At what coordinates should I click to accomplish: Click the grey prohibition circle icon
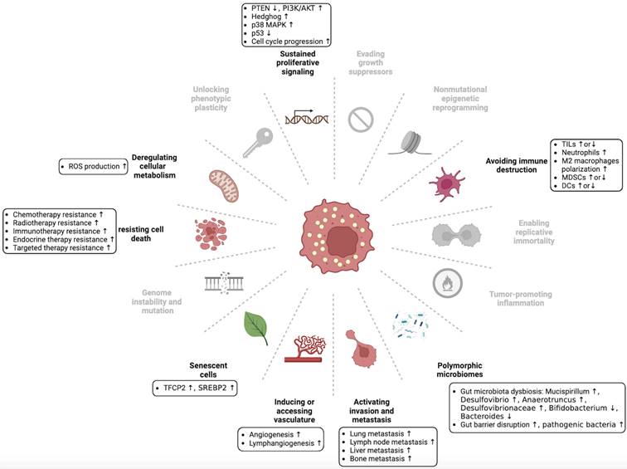[x=363, y=116]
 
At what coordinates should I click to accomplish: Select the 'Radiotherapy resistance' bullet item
[x=59, y=223]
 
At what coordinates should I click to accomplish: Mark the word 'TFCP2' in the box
[x=174, y=388]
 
